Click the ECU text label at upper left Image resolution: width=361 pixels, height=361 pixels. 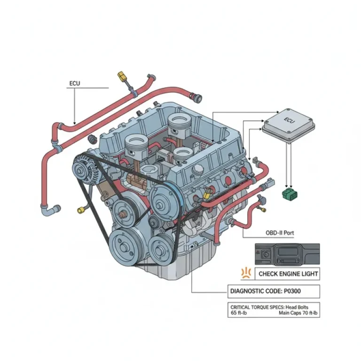[x=74, y=84]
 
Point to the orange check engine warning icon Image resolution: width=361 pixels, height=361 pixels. [x=244, y=273]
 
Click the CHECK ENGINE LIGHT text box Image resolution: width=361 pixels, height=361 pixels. [x=288, y=274]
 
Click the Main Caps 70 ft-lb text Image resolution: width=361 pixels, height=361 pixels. [x=298, y=313]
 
